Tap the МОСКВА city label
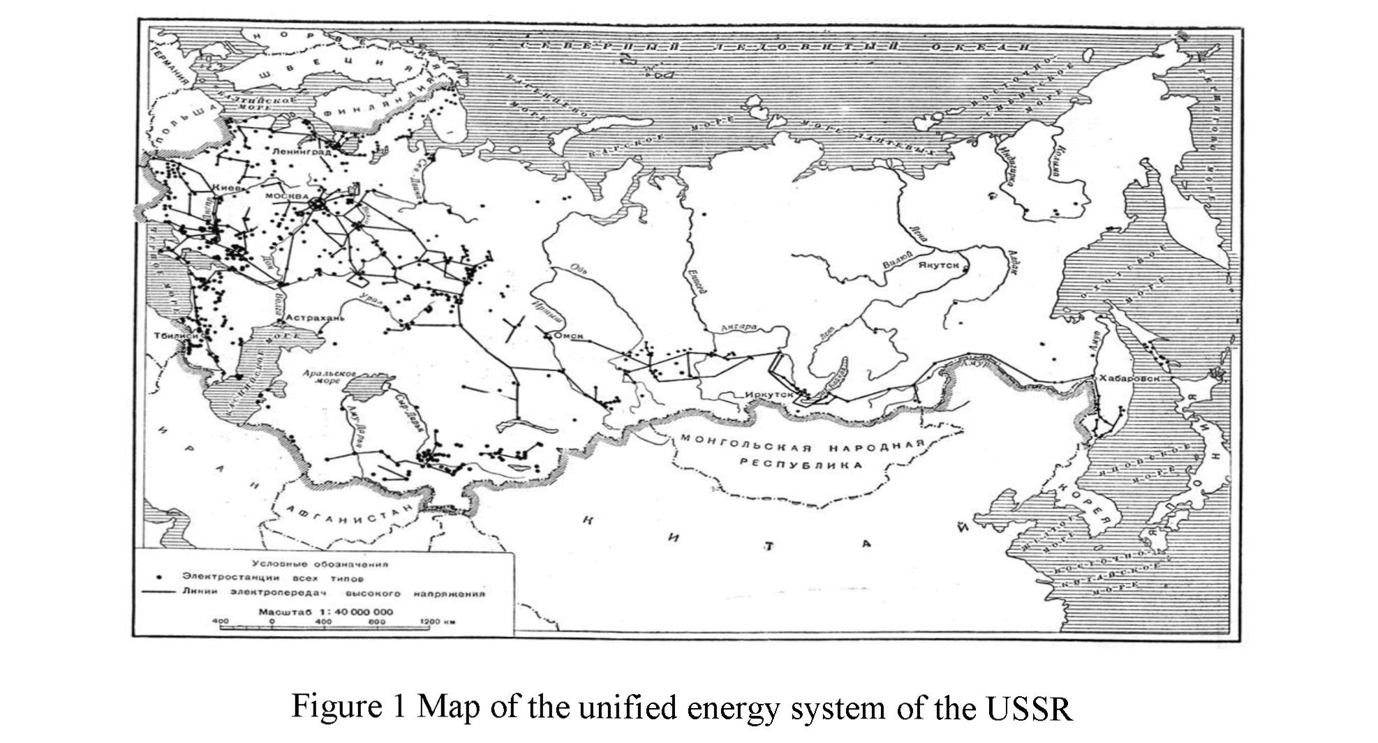(286, 197)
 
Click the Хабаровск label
(1129, 378)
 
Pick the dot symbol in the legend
(159, 578)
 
